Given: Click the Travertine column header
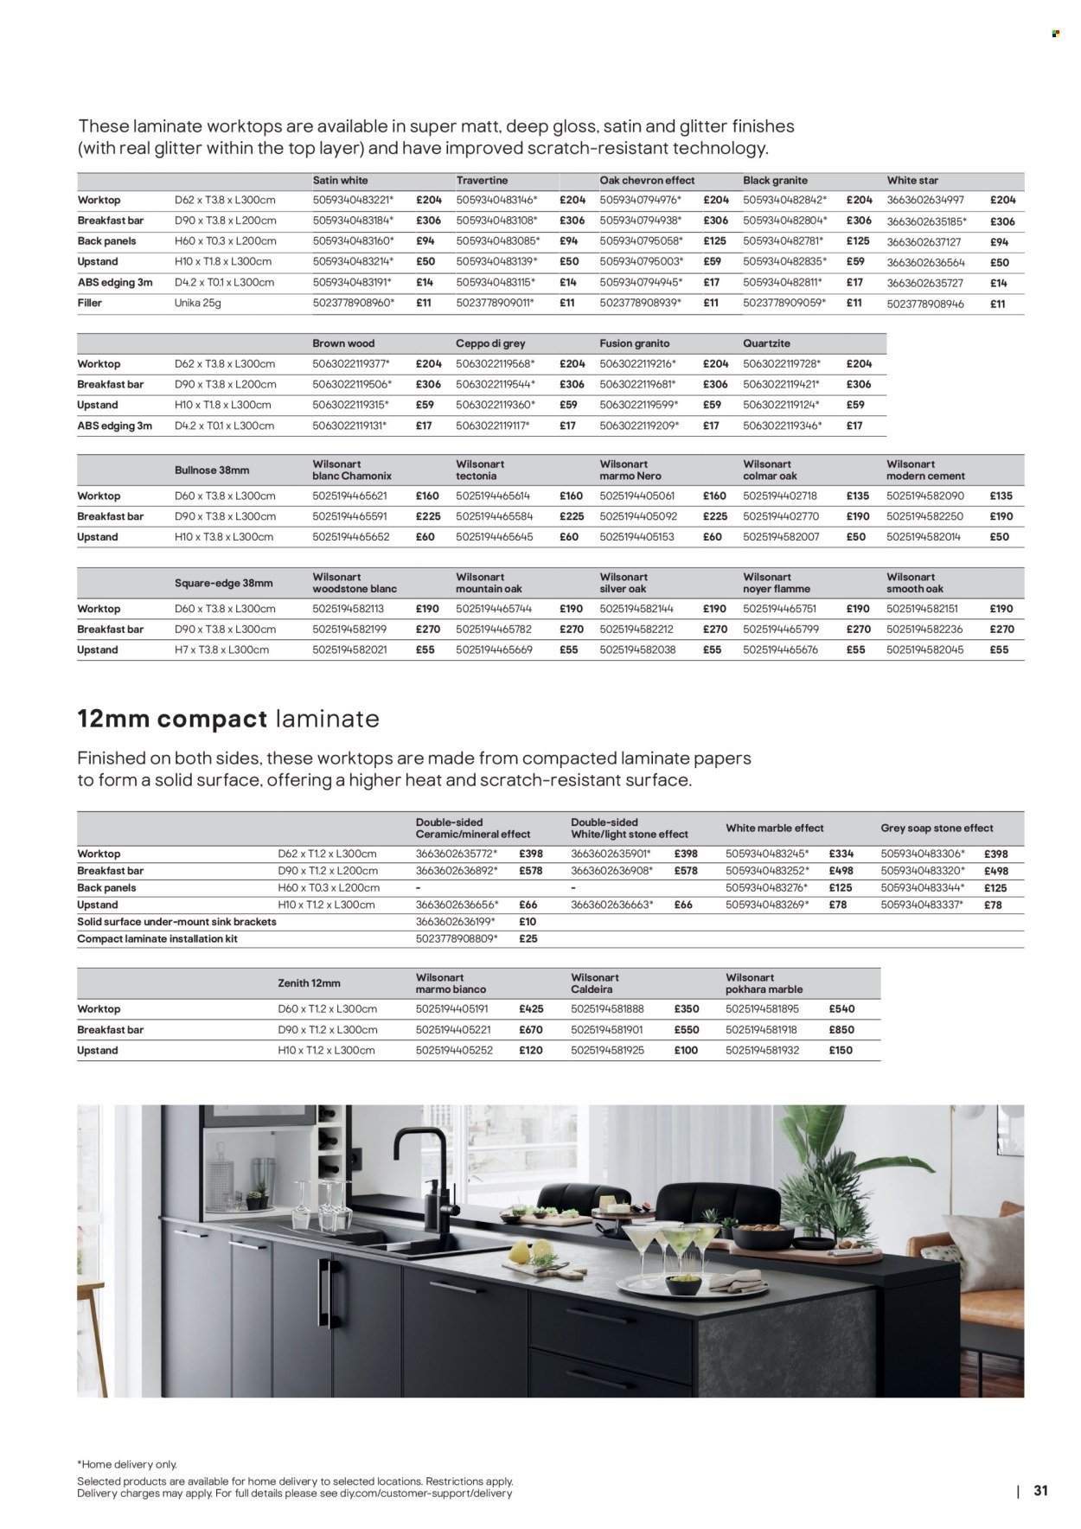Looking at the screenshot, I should tap(482, 181).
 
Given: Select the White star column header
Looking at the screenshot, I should tap(912, 181).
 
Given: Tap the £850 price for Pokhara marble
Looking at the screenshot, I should tap(841, 1030).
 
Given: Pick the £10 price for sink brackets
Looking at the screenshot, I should tap(528, 922).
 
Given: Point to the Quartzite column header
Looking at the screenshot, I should tap(766, 343).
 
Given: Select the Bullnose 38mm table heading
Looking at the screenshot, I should tap(212, 470).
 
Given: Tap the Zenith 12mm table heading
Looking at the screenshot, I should tap(309, 983).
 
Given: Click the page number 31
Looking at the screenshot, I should tap(1040, 1491).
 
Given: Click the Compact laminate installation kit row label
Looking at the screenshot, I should tap(157, 939).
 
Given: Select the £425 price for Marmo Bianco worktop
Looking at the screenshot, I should tap(531, 1009).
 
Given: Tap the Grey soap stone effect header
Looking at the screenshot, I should tap(937, 828).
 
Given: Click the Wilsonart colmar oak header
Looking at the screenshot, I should tap(770, 470).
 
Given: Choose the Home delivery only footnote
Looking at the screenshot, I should tap(127, 1464).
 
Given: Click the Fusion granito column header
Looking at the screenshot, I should tap(634, 343).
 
